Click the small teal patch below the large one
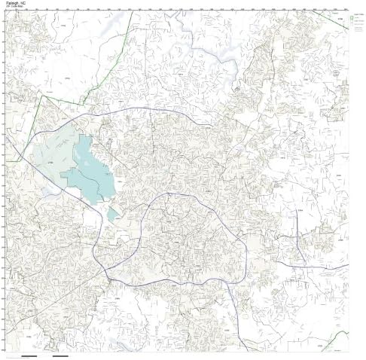[112, 215]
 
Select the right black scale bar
[60, 355]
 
